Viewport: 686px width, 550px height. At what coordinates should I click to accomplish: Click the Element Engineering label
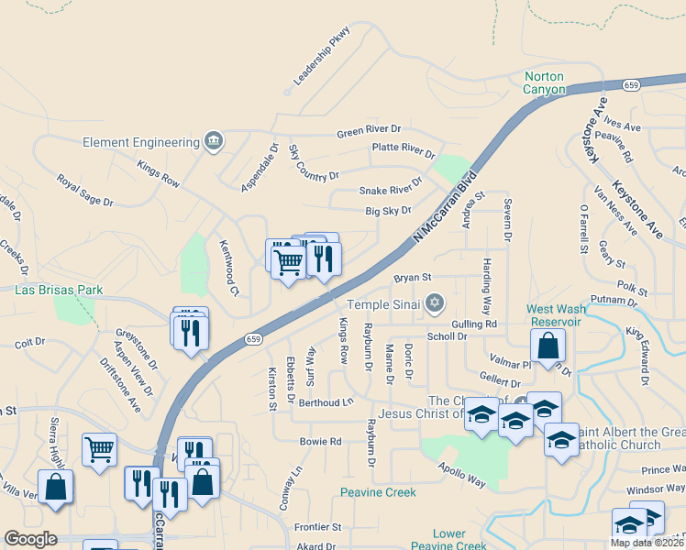coord(141,142)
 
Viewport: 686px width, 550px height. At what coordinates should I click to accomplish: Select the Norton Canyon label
coord(545,82)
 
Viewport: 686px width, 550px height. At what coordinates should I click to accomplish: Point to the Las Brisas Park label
coord(58,290)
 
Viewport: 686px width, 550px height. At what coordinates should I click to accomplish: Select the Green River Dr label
coord(370,131)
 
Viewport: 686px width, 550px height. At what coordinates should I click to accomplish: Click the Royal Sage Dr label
coord(84,190)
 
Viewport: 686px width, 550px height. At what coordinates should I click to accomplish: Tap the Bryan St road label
coord(412,277)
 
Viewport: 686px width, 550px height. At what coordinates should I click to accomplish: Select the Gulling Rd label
coord(474,324)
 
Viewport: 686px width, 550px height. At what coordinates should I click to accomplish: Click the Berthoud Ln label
coord(326,402)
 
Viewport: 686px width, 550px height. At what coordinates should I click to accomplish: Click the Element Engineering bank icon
coord(214,141)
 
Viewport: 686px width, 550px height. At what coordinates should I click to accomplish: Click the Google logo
coord(30,539)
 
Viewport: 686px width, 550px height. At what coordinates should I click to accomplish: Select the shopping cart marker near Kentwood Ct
coord(288,263)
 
